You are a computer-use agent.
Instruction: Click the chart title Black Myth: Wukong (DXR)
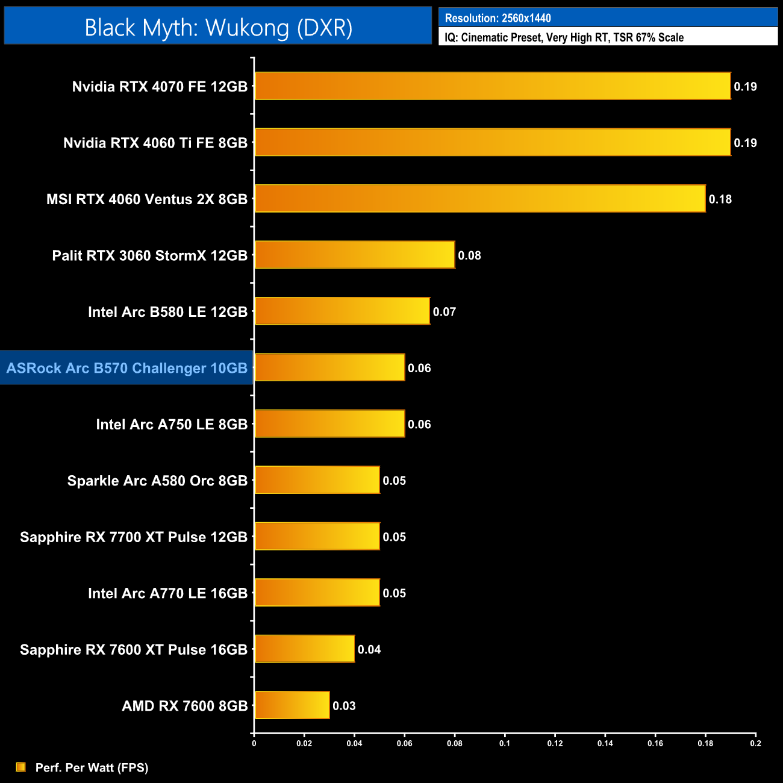(218, 28)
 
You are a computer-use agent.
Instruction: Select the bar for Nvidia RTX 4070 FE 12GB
(492, 86)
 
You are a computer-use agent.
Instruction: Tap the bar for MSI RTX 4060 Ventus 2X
(479, 199)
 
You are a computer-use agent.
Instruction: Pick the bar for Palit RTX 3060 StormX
(354, 255)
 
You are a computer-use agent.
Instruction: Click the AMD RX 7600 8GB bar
(292, 705)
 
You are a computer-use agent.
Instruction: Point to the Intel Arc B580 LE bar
(342, 311)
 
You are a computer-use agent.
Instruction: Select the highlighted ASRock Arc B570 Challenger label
(126, 368)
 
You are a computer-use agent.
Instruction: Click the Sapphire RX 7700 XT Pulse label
(134, 537)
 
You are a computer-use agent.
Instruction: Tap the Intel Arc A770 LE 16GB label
(167, 593)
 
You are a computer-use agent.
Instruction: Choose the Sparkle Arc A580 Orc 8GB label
(157, 481)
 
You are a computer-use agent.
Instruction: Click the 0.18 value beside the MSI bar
(720, 199)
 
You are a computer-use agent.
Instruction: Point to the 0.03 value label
(344, 706)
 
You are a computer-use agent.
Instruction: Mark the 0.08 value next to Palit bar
(469, 255)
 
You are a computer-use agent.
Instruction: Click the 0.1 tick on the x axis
(505, 743)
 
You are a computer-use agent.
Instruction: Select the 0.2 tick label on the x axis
(755, 743)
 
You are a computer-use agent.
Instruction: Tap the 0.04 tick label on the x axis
(354, 743)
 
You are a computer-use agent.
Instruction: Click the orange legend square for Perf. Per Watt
(21, 767)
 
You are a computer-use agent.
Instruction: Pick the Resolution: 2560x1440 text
(498, 18)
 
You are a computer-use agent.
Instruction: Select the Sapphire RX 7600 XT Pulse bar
(304, 649)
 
